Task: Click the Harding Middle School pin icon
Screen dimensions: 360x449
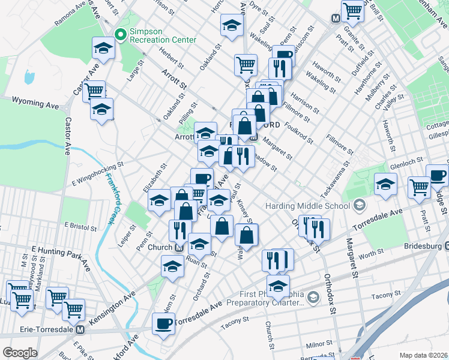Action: tap(359, 206)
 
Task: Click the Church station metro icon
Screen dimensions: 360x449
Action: tap(179, 247)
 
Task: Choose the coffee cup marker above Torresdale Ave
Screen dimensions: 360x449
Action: tap(163, 324)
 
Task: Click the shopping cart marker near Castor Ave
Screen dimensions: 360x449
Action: tap(94, 92)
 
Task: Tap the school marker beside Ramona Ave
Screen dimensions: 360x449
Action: tap(103, 49)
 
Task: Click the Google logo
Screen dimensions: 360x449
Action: tap(20, 353)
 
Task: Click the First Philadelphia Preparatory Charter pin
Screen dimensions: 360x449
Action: tap(313, 297)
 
